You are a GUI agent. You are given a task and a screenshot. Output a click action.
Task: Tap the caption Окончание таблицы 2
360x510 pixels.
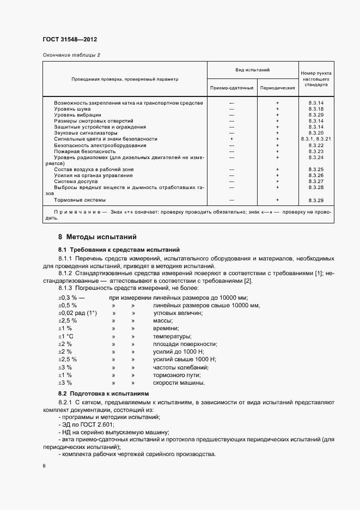point(71,54)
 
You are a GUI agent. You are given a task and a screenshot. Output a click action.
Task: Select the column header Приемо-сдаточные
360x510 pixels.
point(231,88)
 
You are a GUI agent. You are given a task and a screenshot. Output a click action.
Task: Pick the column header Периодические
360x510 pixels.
point(277,88)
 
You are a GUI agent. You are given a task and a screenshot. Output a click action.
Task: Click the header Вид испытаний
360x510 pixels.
point(253,70)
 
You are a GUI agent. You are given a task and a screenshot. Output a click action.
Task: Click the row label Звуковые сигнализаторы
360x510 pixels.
point(86,133)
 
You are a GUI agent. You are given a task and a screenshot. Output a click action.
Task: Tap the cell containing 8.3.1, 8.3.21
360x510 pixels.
point(316,139)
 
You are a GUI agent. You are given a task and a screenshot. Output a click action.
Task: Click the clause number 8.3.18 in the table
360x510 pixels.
point(316,109)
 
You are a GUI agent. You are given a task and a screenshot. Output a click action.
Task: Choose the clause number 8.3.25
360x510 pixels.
point(316,169)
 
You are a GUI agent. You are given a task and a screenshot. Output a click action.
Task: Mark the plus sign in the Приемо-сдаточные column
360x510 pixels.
point(231,139)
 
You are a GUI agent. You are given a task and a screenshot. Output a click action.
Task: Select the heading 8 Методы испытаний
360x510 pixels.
point(97,237)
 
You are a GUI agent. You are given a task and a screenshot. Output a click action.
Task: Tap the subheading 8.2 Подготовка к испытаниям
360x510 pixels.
point(103,393)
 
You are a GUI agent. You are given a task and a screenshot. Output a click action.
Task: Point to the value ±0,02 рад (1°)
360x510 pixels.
point(77,313)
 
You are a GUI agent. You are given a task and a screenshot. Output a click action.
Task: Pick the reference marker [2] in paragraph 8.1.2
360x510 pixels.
point(248,281)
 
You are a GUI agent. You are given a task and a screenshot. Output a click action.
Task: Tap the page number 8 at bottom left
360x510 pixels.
point(44,466)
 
